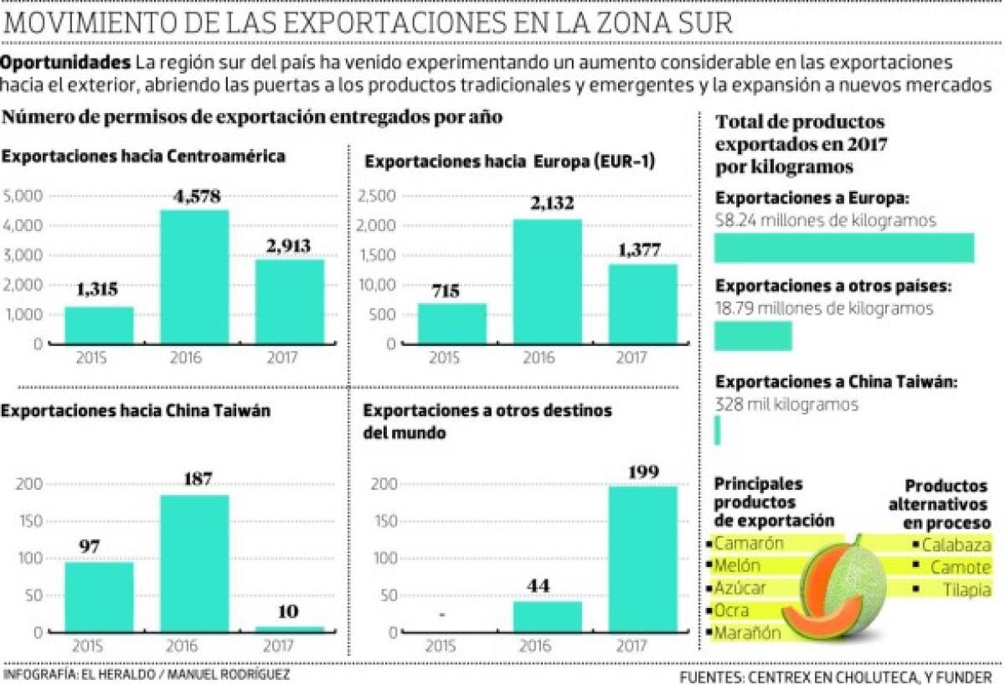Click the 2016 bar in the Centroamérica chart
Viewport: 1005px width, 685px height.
pos(194,276)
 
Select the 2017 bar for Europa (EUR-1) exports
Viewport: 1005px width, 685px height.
pos(642,304)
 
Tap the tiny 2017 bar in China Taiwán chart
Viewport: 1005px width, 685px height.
pos(289,629)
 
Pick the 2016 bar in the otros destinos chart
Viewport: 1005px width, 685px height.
pos(547,616)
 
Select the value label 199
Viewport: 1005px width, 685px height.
pos(642,472)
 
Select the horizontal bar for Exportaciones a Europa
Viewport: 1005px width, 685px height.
pos(843,248)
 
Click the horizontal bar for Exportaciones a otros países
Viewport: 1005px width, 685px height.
pos(752,336)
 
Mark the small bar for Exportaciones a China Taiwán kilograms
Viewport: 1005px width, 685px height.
pos(717,430)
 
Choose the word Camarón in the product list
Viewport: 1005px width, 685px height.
pos(749,543)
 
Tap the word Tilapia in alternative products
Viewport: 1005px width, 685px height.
pos(961,590)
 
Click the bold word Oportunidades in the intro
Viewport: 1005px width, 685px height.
pos(65,63)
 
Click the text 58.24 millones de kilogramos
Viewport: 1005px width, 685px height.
pos(825,220)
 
